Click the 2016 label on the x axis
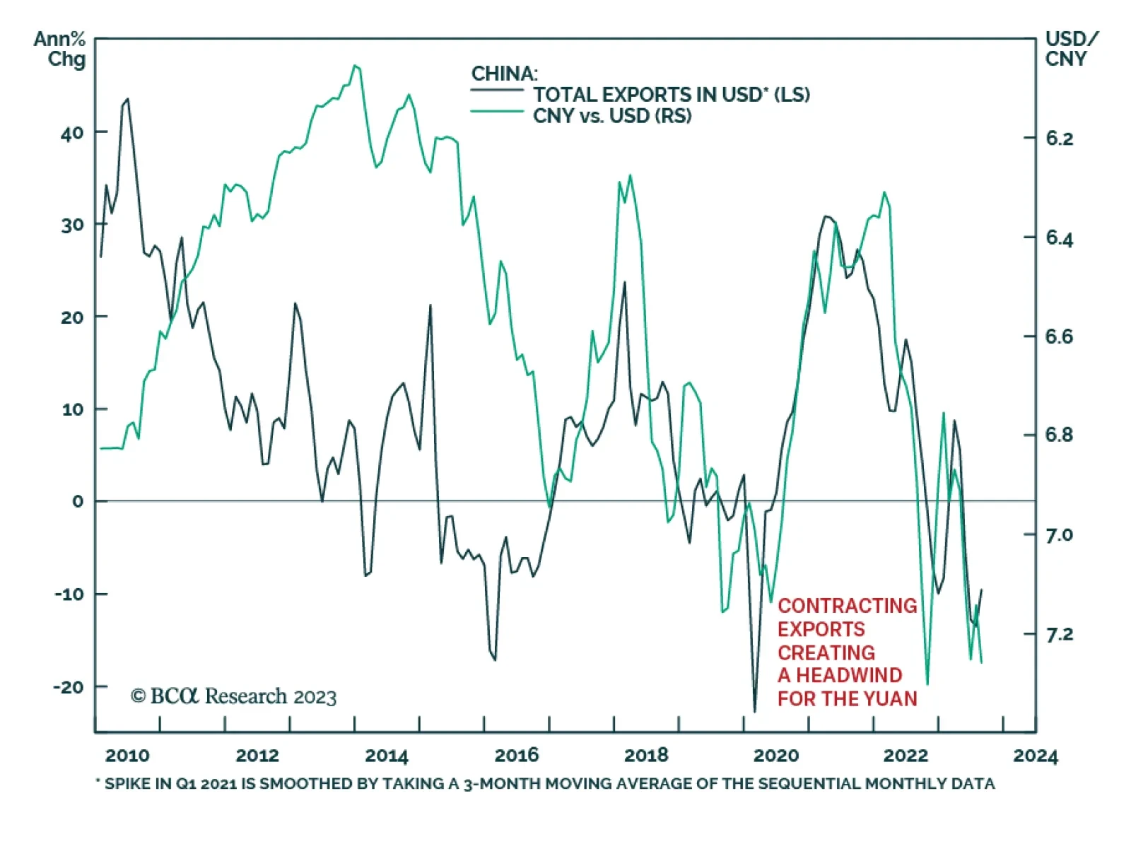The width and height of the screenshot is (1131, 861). coord(516,756)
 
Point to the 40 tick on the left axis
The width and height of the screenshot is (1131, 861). coord(72,133)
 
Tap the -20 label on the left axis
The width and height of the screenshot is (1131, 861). coord(69,687)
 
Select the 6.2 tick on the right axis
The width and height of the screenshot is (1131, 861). coord(1059,139)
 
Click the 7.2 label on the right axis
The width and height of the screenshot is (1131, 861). coord(1059,635)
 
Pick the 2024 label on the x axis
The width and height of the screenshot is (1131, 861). coord(1035,756)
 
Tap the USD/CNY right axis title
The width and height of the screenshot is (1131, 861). coord(1070,49)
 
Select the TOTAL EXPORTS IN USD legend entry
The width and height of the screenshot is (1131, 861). coord(670,95)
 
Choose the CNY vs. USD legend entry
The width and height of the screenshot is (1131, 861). coord(611,116)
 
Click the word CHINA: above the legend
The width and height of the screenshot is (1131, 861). coord(504,74)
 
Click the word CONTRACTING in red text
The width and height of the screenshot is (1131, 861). coord(847,606)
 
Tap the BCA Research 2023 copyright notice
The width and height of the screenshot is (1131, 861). coord(234,697)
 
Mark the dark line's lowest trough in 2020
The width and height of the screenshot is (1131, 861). coord(754,710)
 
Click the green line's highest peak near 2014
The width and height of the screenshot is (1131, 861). coord(356,66)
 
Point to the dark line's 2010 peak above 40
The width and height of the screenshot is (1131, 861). coord(127,100)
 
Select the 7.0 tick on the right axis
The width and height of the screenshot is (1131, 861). coord(1059,535)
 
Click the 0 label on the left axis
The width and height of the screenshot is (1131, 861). coord(78,502)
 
